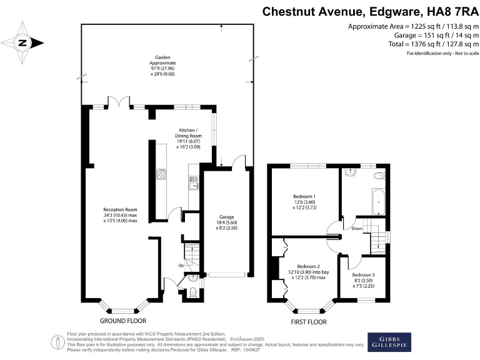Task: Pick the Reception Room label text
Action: (120, 214)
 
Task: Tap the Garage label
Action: (227, 219)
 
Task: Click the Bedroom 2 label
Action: (308, 269)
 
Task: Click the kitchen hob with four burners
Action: (162, 174)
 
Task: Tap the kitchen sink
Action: (194, 182)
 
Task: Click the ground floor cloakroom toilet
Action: (192, 292)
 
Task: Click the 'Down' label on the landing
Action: (357, 228)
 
